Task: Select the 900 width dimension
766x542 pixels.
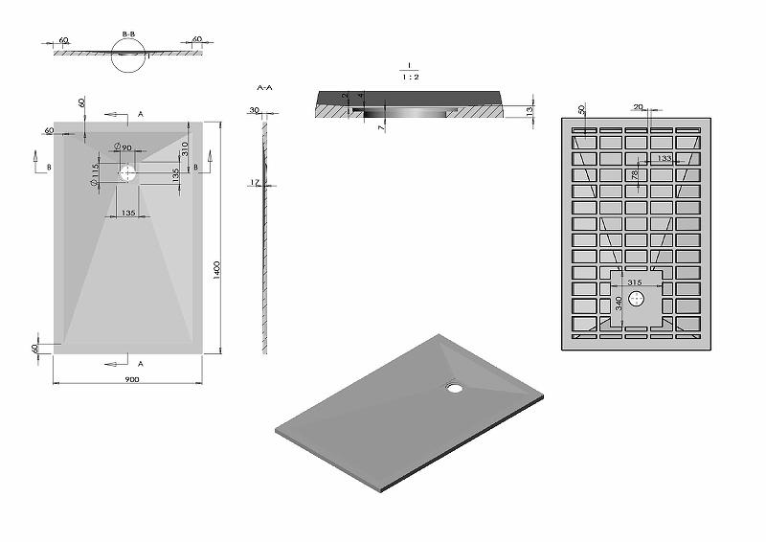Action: click(x=131, y=379)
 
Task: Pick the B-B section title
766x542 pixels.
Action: click(x=128, y=34)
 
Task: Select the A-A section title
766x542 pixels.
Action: click(x=266, y=87)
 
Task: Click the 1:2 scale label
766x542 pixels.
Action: click(x=408, y=78)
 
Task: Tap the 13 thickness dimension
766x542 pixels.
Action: click(x=529, y=111)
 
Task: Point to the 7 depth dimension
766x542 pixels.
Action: click(x=380, y=127)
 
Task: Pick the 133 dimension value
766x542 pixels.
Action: click(x=664, y=158)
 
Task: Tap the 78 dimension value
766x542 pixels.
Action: click(x=635, y=175)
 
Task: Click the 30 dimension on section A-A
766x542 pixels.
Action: click(x=254, y=110)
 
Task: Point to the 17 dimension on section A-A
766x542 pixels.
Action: click(x=253, y=183)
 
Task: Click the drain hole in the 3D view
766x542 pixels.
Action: click(x=454, y=388)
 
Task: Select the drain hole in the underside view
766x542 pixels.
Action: click(x=637, y=299)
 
